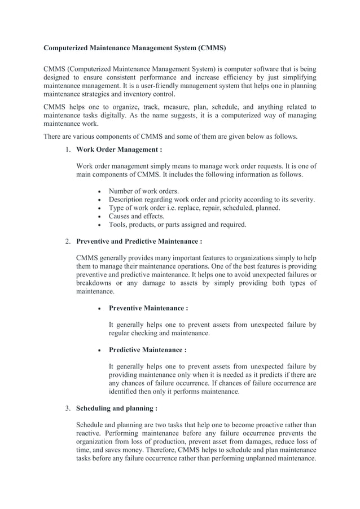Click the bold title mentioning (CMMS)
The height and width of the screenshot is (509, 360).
click(135, 49)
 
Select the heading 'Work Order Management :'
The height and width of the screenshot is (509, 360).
click(119, 150)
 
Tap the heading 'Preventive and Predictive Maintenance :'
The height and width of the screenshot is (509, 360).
click(139, 242)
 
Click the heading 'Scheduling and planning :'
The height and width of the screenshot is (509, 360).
click(116, 408)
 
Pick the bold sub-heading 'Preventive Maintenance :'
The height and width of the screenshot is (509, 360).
click(148, 308)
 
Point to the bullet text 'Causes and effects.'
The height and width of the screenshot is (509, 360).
click(137, 216)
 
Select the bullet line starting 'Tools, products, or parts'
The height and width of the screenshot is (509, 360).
click(177, 225)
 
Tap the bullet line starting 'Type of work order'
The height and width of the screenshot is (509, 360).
click(194, 208)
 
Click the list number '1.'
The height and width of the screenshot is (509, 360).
click(67, 150)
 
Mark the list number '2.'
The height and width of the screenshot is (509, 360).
click(67, 242)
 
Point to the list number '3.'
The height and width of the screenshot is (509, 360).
click(67, 408)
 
